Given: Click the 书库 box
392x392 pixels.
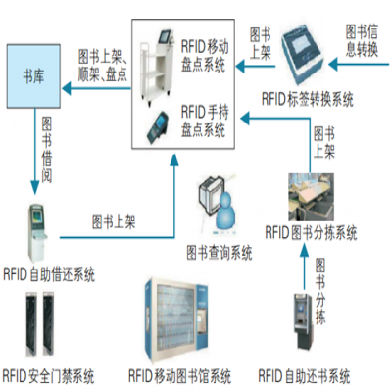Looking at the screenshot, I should [33, 75].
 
